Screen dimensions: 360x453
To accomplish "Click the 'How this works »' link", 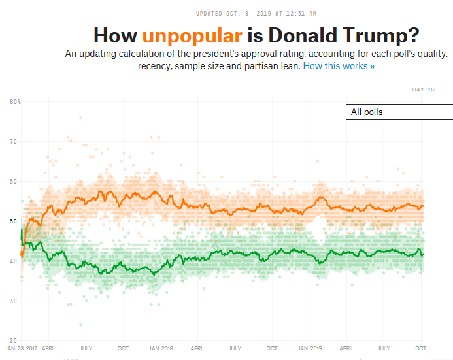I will [x=339, y=66].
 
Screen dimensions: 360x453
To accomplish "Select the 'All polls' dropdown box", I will [x=399, y=112].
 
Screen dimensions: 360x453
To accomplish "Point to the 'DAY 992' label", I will [x=424, y=90].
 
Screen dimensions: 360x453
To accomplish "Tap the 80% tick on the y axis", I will [x=15, y=101].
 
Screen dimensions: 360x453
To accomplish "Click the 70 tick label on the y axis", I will [x=14, y=141].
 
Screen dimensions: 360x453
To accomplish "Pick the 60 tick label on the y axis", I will [x=14, y=181].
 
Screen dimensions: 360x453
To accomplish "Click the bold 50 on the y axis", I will [x=14, y=221].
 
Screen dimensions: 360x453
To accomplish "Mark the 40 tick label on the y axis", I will [x=14, y=261].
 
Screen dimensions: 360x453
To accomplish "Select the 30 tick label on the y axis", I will [x=14, y=301].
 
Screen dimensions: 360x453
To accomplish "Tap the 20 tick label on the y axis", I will [x=14, y=340].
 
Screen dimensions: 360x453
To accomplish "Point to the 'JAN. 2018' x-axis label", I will [x=161, y=348].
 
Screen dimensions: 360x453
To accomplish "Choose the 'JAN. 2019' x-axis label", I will [x=310, y=348].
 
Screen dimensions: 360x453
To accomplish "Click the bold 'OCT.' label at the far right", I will [x=422, y=348].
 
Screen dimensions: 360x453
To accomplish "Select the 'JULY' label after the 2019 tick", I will [x=384, y=348].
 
